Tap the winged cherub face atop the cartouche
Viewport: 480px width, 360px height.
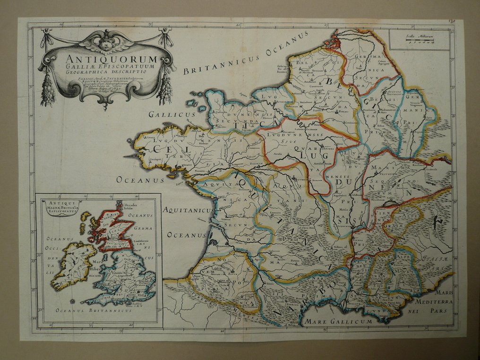tap(107, 43)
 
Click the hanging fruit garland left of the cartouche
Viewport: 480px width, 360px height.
tap(48, 90)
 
